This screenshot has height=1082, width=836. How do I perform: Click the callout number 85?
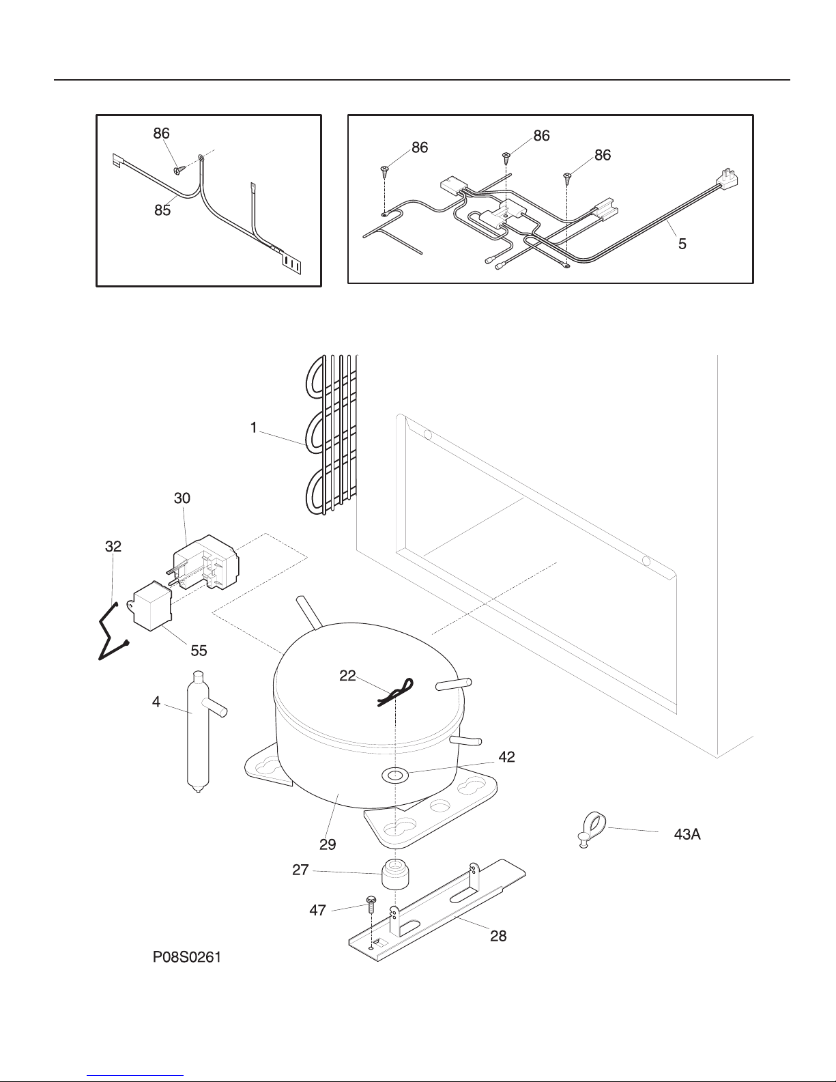tap(162, 210)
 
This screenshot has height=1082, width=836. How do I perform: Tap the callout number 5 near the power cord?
tap(682, 243)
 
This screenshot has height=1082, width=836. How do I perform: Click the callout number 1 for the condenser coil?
tap(253, 428)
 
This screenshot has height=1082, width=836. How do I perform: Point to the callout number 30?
tap(182, 498)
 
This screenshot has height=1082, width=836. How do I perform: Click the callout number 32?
tap(113, 546)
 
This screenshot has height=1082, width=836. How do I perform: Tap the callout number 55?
tap(199, 651)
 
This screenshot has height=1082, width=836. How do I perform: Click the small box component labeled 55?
tap(152, 606)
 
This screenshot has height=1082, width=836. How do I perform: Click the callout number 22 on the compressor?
tap(348, 675)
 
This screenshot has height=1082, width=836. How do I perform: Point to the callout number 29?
tap(328, 844)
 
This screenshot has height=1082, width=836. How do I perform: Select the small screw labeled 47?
tap(372, 904)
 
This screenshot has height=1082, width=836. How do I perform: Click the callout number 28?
tap(498, 936)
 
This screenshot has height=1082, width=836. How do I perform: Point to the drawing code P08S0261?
tap(186, 958)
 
